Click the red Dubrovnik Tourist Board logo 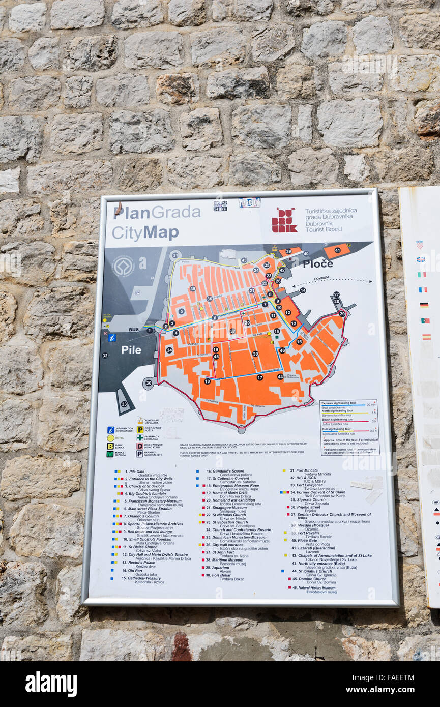coord(284,220)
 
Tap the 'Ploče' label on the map coord(317,263)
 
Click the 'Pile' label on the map coord(131,350)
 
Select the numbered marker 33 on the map coord(124,404)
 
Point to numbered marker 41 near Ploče coord(337,250)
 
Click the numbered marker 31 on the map coord(175,255)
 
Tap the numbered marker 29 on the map coord(342,314)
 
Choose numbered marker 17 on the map coord(259,377)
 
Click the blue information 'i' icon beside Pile coord(112,337)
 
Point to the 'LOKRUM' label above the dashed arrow coord(321,278)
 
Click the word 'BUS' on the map coord(134,330)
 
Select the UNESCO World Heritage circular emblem coord(123,266)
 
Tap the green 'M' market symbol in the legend coord(109,454)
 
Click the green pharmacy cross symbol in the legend coord(139,437)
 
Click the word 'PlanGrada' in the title coord(156,212)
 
